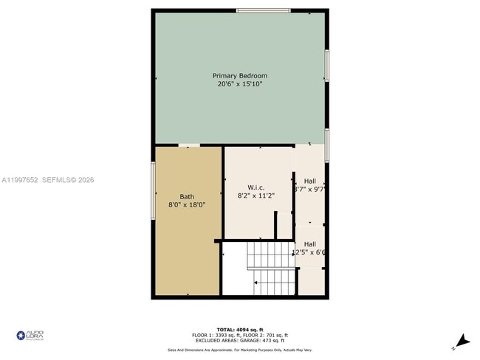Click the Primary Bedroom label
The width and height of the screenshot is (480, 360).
239,76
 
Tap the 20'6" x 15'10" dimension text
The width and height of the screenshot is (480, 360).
239,85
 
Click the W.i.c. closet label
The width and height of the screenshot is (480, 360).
256,187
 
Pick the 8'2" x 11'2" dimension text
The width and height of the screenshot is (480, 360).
256,196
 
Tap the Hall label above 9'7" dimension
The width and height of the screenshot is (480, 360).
310,180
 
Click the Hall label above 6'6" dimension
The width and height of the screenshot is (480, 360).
310,244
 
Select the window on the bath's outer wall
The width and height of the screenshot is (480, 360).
153,190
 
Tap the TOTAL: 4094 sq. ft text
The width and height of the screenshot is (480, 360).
239,329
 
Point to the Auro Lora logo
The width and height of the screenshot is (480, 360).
30,336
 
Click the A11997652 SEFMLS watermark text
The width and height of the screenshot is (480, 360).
48,180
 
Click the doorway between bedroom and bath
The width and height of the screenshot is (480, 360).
188,145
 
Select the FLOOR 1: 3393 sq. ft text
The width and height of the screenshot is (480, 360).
214,336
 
